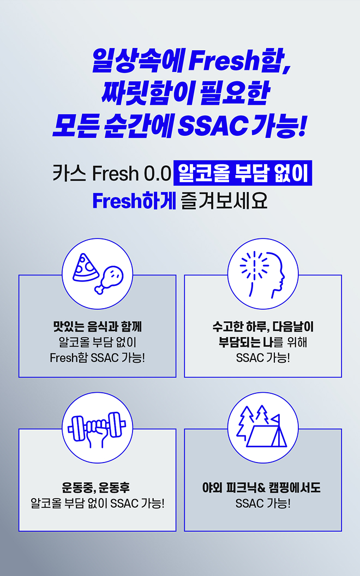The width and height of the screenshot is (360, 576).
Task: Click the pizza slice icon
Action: pyautogui.click(x=85, y=268)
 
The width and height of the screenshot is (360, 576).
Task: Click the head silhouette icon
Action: pyautogui.click(x=269, y=274)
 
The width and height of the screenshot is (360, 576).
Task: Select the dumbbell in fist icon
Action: pyautogui.click(x=97, y=429)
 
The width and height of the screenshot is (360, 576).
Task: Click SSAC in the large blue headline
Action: pyautogui.click(x=213, y=125)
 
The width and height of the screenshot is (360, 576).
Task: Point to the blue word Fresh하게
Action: pyautogui.click(x=134, y=201)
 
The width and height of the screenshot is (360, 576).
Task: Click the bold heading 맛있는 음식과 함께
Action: pyautogui.click(x=97, y=326)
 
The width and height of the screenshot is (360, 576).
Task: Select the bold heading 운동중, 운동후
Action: pyautogui.click(x=96, y=488)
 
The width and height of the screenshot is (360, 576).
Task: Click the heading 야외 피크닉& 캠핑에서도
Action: pyautogui.click(x=262, y=488)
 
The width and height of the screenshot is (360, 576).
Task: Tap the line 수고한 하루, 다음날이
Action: pyautogui.click(x=263, y=326)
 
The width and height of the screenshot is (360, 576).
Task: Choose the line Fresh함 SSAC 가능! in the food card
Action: pyautogui.click(x=97, y=357)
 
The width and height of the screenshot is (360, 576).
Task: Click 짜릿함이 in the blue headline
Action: pyautogui.click(x=146, y=93)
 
